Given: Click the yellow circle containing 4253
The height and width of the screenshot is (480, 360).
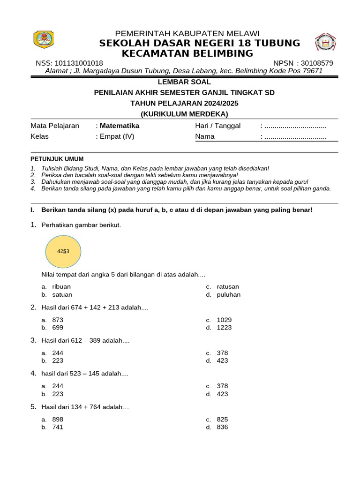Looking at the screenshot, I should click(x=63, y=251).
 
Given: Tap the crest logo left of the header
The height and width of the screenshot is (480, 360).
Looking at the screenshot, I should click(x=44, y=39).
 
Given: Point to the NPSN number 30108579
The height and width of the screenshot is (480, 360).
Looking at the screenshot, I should click(x=317, y=63).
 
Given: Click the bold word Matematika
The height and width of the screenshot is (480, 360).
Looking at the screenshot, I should click(x=120, y=126).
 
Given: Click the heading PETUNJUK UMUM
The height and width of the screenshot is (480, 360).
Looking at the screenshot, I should click(x=57, y=159).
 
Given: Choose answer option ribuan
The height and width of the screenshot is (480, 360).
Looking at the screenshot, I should click(x=61, y=286).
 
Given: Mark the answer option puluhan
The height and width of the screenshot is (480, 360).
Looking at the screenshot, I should click(x=229, y=295).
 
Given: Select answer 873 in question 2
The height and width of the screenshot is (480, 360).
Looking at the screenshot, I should click(x=58, y=320).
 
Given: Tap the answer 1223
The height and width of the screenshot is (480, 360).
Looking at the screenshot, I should click(x=225, y=328).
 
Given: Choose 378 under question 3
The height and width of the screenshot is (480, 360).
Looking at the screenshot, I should click(x=223, y=352).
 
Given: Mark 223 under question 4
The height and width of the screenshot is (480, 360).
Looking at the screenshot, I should click(x=58, y=394).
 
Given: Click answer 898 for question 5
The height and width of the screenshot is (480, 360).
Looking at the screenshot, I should click(x=58, y=419).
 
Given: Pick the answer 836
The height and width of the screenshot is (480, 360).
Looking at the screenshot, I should click(x=223, y=427).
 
